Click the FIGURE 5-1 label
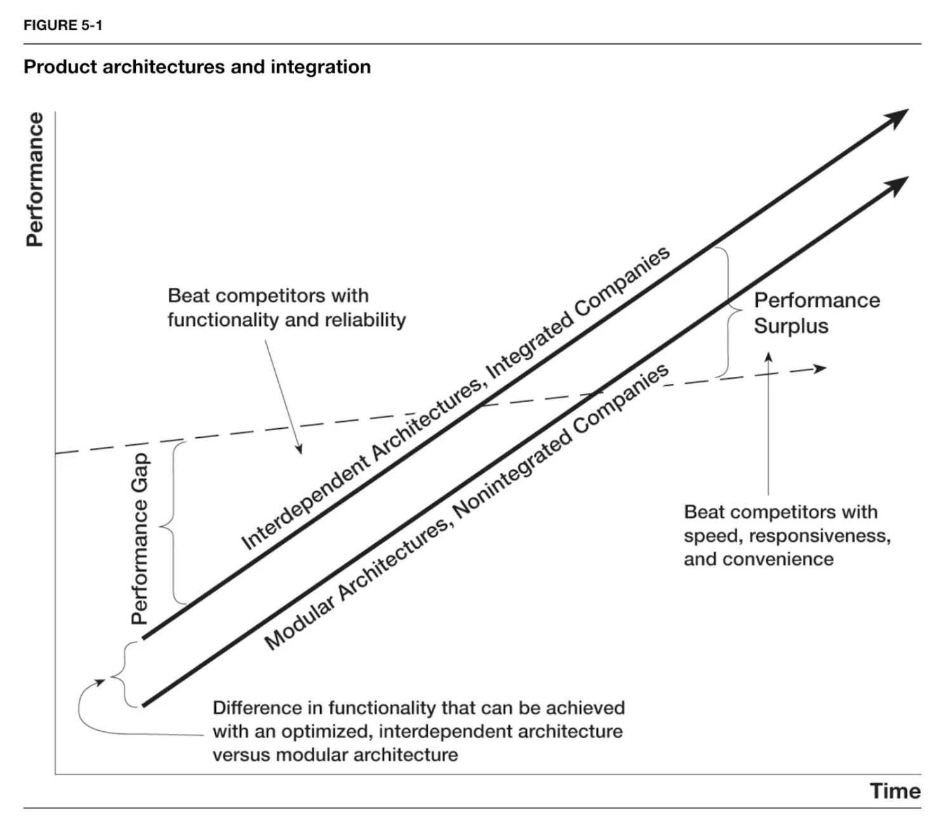pos(62,25)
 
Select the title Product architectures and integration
pos(197,67)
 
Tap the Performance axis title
pos(35,179)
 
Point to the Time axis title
pos(894,791)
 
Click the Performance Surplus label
pos(816,313)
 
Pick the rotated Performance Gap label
pos(140,538)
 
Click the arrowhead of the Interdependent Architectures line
pos(898,118)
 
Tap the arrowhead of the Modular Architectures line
pos(898,186)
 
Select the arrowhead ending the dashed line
pos(820,369)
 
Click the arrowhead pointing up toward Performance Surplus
pos(768,357)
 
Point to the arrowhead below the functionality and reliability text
pos(298,449)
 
